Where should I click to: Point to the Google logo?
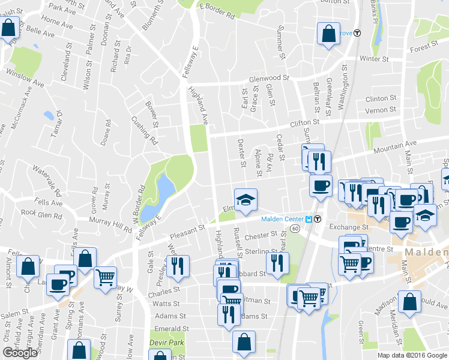[20, 353]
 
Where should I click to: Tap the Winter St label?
[375, 58]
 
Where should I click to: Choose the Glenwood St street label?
[270, 78]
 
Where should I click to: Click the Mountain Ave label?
[394, 145]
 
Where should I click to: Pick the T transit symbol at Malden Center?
[317, 219]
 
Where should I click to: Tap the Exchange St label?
[347, 227]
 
